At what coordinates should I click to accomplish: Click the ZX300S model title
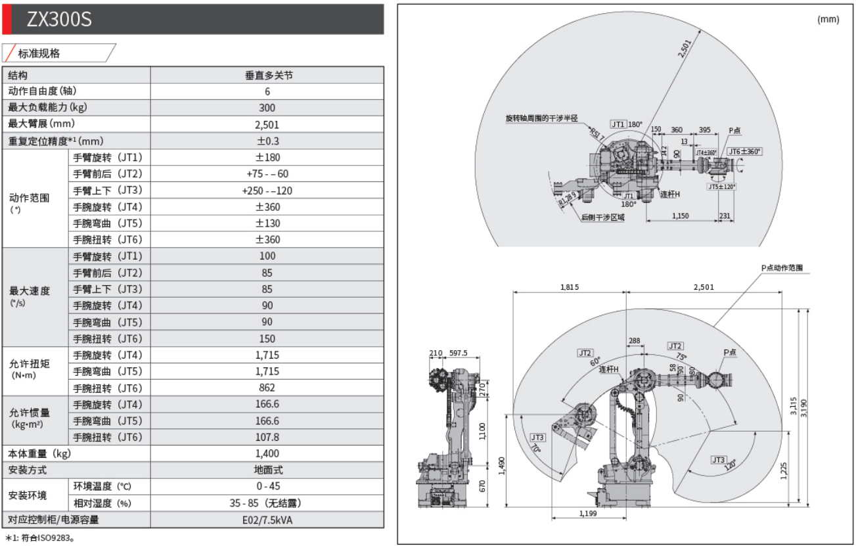pos(59,20)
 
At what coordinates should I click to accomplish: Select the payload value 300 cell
pos(267,108)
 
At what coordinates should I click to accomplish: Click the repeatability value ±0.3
pos(267,141)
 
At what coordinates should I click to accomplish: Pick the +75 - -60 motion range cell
pos(267,173)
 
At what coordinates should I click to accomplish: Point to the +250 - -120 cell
pos(267,190)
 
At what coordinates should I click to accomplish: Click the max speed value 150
pos(267,338)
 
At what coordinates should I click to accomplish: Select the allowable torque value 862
pos(267,388)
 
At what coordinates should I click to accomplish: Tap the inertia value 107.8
pos(267,437)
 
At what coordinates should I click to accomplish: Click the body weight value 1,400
pos(267,453)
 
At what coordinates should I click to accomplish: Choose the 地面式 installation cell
pos(267,470)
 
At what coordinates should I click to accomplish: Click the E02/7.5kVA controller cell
pos(267,520)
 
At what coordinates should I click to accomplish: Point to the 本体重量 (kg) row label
pos(39,453)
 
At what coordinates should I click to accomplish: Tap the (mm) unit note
pos(828,19)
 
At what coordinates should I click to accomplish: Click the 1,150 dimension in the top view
pos(681,216)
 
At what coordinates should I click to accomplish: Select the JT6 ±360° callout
pos(744,151)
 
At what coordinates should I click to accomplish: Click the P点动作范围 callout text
pos(782,268)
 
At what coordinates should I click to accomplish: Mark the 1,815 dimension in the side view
pos(570,286)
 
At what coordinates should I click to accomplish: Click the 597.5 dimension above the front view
pos(458,353)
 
